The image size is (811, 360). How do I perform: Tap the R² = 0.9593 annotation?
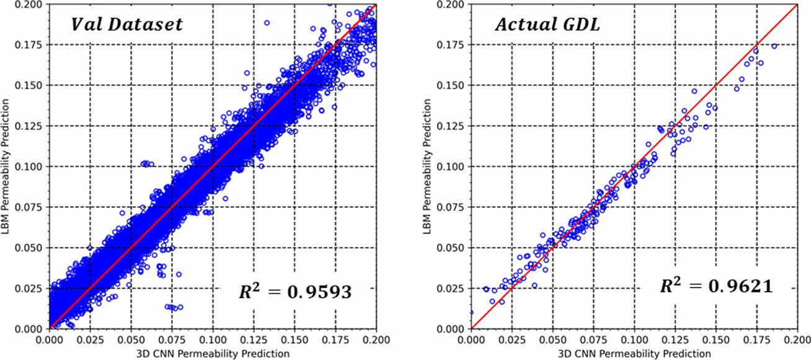click(x=295, y=291)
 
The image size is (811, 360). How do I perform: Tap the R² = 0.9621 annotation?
click(x=715, y=286)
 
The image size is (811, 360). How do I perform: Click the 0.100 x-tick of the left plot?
click(x=212, y=340)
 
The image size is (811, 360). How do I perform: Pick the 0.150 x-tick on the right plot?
click(x=715, y=340)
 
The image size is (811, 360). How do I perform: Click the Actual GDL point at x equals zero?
click(x=472, y=312)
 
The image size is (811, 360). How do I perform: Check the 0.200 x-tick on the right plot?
click(x=795, y=340)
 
